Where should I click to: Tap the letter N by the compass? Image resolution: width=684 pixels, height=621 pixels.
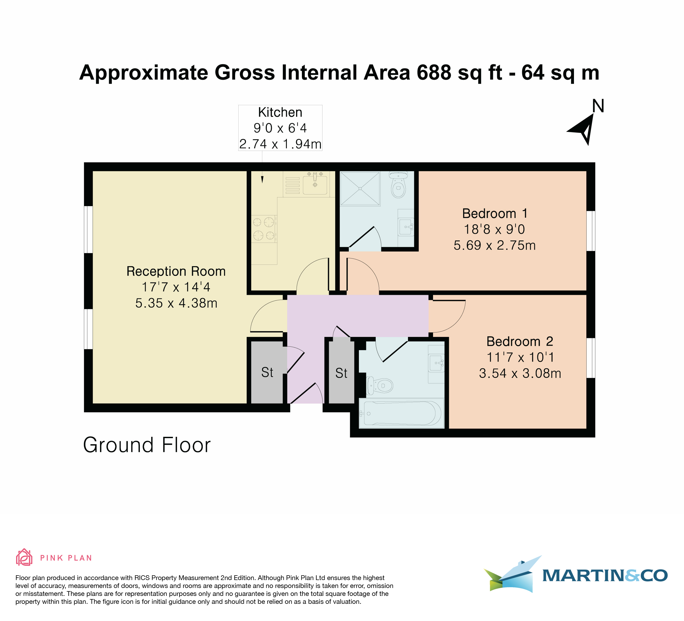[598, 106]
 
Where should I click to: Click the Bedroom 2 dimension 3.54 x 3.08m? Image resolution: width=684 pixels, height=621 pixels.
[520, 373]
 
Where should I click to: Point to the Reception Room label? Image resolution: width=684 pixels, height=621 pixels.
[176, 271]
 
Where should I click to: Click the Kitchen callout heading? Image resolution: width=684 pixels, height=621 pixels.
[280, 112]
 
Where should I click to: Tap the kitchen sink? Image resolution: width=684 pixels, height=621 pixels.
[315, 184]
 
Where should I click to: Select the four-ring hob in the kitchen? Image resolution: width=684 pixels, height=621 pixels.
[264, 229]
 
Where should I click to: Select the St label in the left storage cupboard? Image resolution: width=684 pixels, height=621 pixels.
[267, 372]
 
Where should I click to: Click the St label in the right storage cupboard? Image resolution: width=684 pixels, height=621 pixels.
[341, 373]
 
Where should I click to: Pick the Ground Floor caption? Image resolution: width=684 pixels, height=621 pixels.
[147, 445]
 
